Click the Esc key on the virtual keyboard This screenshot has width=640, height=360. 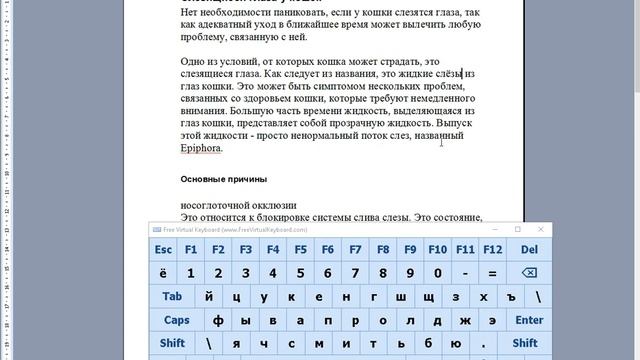[x=164, y=249]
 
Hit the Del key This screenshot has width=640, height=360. [x=529, y=249]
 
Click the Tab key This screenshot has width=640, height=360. [x=172, y=297]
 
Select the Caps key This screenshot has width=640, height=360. [x=177, y=320]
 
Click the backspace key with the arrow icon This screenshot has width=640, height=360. [x=529, y=273]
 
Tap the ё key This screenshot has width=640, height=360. [x=164, y=273]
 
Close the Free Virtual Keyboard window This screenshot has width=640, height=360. [x=541, y=229]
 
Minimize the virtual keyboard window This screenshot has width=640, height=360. [x=493, y=229]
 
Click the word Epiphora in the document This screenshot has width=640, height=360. [x=201, y=148]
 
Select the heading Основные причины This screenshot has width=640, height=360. [x=223, y=179]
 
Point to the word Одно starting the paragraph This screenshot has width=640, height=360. [x=194, y=61]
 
